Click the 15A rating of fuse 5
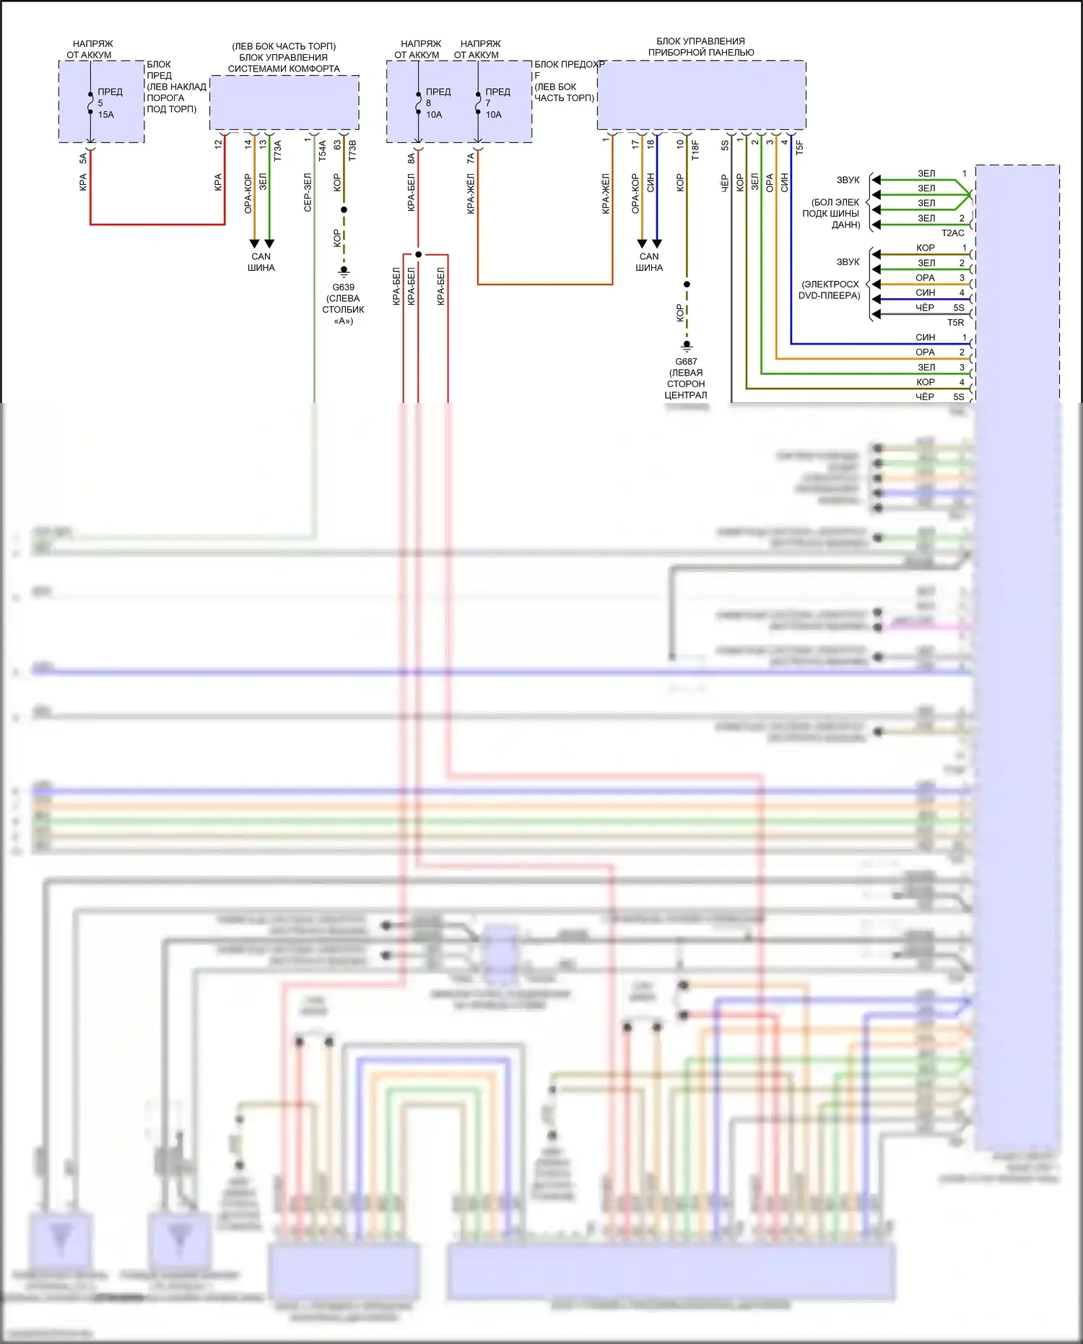(105, 115)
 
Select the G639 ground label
(343, 287)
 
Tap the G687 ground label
(686, 362)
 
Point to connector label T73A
(277, 150)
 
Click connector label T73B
(352, 150)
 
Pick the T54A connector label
(322, 150)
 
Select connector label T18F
(695, 149)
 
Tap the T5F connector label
(799, 147)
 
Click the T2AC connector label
(952, 233)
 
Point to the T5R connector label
(955, 323)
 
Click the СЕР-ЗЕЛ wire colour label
(308, 192)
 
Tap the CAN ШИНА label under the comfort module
(261, 262)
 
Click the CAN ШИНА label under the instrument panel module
(648, 262)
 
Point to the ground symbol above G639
(344, 272)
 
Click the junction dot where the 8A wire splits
(418, 254)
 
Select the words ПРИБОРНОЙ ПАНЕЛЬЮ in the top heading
(700, 53)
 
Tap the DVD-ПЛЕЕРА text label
(829, 295)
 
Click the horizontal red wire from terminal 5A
(157, 225)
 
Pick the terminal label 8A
(411, 157)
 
